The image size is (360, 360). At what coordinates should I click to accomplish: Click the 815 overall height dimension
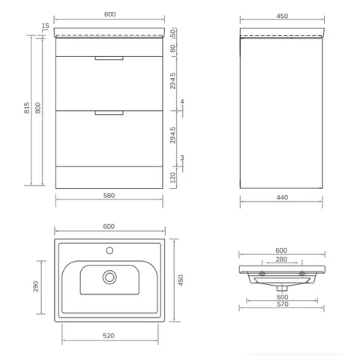[27, 108]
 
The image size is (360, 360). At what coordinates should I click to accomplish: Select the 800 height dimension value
[37, 108]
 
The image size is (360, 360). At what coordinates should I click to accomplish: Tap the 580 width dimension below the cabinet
[109, 195]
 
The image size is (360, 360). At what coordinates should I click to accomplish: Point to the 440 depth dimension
[282, 197]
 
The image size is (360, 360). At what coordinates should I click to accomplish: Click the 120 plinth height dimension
[173, 178]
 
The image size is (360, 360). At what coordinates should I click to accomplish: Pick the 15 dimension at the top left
[45, 25]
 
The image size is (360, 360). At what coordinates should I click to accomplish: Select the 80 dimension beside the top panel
[173, 48]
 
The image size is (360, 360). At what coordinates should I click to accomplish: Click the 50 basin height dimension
[173, 33]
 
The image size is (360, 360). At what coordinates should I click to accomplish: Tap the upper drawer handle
[109, 58]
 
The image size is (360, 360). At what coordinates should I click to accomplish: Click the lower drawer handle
[109, 113]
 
